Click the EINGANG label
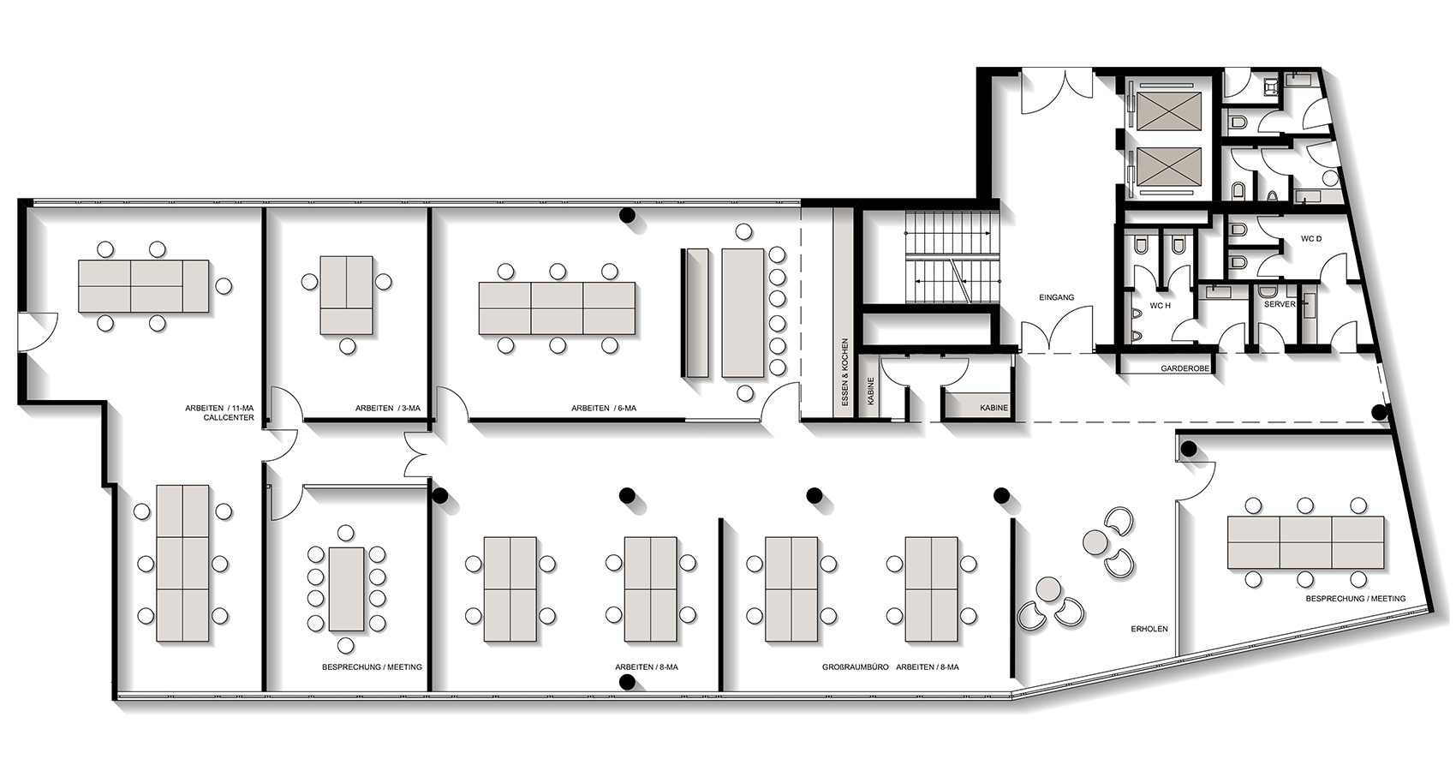(x=1056, y=298)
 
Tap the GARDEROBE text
(x=1185, y=368)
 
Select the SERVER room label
(x=1280, y=304)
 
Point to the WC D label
(x=1311, y=239)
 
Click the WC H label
(x=1160, y=306)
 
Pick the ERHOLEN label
(x=1149, y=630)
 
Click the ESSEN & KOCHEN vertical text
(x=844, y=373)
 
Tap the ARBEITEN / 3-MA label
(x=387, y=409)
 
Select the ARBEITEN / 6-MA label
(x=604, y=409)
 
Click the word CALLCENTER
(x=229, y=418)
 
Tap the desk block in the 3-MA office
(x=347, y=296)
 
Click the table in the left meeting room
(x=347, y=589)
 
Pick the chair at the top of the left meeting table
(x=347, y=534)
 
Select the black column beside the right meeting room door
(x=1189, y=449)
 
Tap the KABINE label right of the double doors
(x=994, y=409)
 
